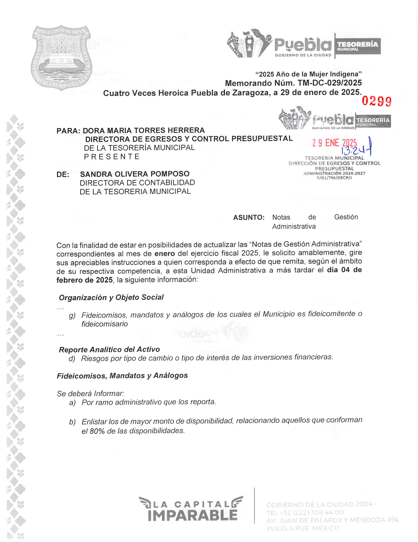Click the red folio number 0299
tap(376, 101)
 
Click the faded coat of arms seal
tap(62, 58)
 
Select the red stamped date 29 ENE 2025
tap(334, 143)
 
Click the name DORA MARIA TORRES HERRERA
tap(144, 131)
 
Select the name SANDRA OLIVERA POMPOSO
tap(134, 174)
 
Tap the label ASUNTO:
tap(249, 218)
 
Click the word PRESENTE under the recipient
tap(112, 157)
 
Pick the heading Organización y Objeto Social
tap(111, 297)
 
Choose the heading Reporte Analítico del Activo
tap(109, 349)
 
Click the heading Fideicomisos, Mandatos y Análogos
tap(122, 376)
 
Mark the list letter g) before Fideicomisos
tap(72, 316)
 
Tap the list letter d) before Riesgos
tap(72, 359)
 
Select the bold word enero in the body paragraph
tap(164, 254)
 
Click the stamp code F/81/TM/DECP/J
tap(334, 178)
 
